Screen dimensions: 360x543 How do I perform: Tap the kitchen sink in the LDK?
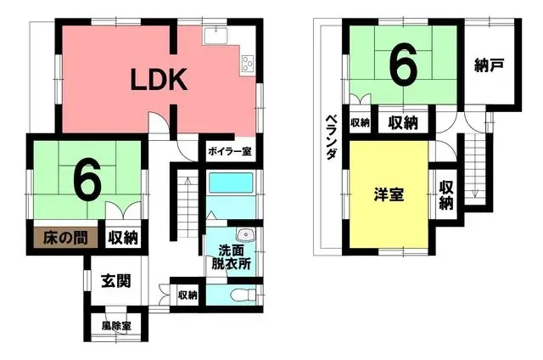216,37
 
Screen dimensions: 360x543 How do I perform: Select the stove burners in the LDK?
249,62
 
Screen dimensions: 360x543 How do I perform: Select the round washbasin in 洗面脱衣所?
245,235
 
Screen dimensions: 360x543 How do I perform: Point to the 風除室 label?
116,326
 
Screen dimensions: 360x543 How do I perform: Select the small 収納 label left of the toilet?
188,295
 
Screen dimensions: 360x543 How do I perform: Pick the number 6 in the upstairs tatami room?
402,64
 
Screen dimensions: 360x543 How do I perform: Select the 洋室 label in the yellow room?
389,194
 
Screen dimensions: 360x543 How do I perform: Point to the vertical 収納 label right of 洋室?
446,195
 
